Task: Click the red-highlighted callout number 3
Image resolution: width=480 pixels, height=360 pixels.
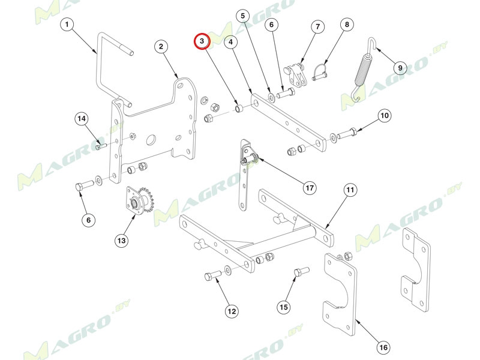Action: (x=202, y=41)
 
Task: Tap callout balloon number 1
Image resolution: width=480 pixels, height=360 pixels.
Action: (x=67, y=25)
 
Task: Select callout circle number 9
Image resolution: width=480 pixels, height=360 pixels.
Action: (x=400, y=67)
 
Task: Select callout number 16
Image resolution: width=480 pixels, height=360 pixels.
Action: (x=383, y=347)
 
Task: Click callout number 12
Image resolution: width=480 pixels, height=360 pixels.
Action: (x=232, y=311)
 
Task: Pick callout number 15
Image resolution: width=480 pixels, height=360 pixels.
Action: (x=284, y=307)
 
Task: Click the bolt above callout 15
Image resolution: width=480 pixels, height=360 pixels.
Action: (x=299, y=275)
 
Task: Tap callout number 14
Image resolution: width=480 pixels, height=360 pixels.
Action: (x=81, y=119)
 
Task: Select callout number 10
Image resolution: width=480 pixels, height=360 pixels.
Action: (x=384, y=115)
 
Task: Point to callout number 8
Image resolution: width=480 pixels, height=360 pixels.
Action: (x=346, y=25)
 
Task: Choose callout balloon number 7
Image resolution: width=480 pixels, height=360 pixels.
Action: (x=317, y=27)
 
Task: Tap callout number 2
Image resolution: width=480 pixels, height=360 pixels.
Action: (x=161, y=47)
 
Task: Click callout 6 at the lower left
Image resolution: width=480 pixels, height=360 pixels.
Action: (x=88, y=220)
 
